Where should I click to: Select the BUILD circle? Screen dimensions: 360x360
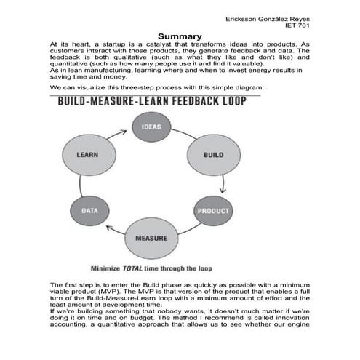[x=213, y=155]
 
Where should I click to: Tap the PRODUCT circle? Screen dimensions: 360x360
[x=213, y=211]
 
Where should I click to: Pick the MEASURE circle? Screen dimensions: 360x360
[x=151, y=238]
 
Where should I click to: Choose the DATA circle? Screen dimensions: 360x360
[x=89, y=211]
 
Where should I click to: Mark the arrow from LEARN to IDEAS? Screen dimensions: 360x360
[x=116, y=131]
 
